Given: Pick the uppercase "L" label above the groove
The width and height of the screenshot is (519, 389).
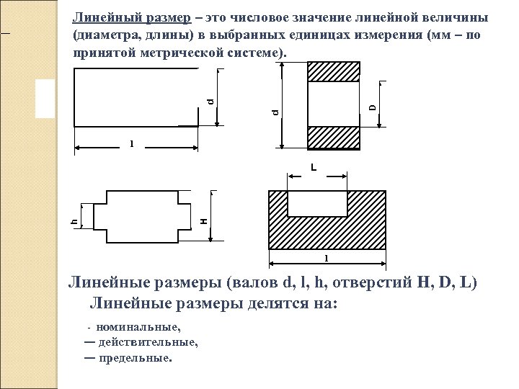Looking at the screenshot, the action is click(314, 168).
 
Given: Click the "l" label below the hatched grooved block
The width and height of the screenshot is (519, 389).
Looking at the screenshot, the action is click(326, 258).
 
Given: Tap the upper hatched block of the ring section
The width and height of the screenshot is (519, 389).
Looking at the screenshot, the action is click(334, 71).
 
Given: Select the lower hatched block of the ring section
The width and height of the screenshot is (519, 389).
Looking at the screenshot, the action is click(334, 138).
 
